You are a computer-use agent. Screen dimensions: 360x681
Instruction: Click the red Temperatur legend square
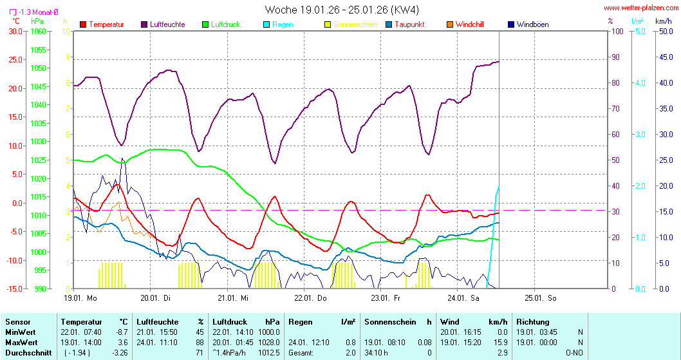pyautogui.click(x=83, y=24)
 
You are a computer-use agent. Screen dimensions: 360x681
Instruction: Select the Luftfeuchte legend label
pyautogui.click(x=167, y=24)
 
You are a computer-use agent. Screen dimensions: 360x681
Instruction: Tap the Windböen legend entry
pyautogui.click(x=532, y=24)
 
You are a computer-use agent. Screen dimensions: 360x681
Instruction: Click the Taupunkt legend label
pyautogui.click(x=412, y=24)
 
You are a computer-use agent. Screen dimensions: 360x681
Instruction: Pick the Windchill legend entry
pyautogui.click(x=469, y=24)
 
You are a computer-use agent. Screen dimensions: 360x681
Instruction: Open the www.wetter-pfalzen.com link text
pyautogui.click(x=640, y=8)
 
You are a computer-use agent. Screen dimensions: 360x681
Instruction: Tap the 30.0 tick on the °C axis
pyautogui.click(x=14, y=32)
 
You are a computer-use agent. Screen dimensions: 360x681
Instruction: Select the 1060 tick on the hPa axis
pyautogui.click(x=39, y=32)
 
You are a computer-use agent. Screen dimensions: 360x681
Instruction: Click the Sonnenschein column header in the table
pyautogui.click(x=388, y=322)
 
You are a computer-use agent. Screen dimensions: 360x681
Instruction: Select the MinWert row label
pyautogui.click(x=21, y=332)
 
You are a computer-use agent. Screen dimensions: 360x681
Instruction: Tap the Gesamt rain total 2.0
pyautogui.click(x=350, y=353)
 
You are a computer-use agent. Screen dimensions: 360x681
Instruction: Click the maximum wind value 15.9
pyautogui.click(x=502, y=343)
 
